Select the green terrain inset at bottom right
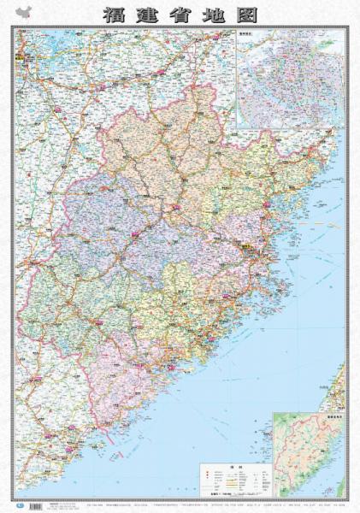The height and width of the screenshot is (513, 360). [308, 454]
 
